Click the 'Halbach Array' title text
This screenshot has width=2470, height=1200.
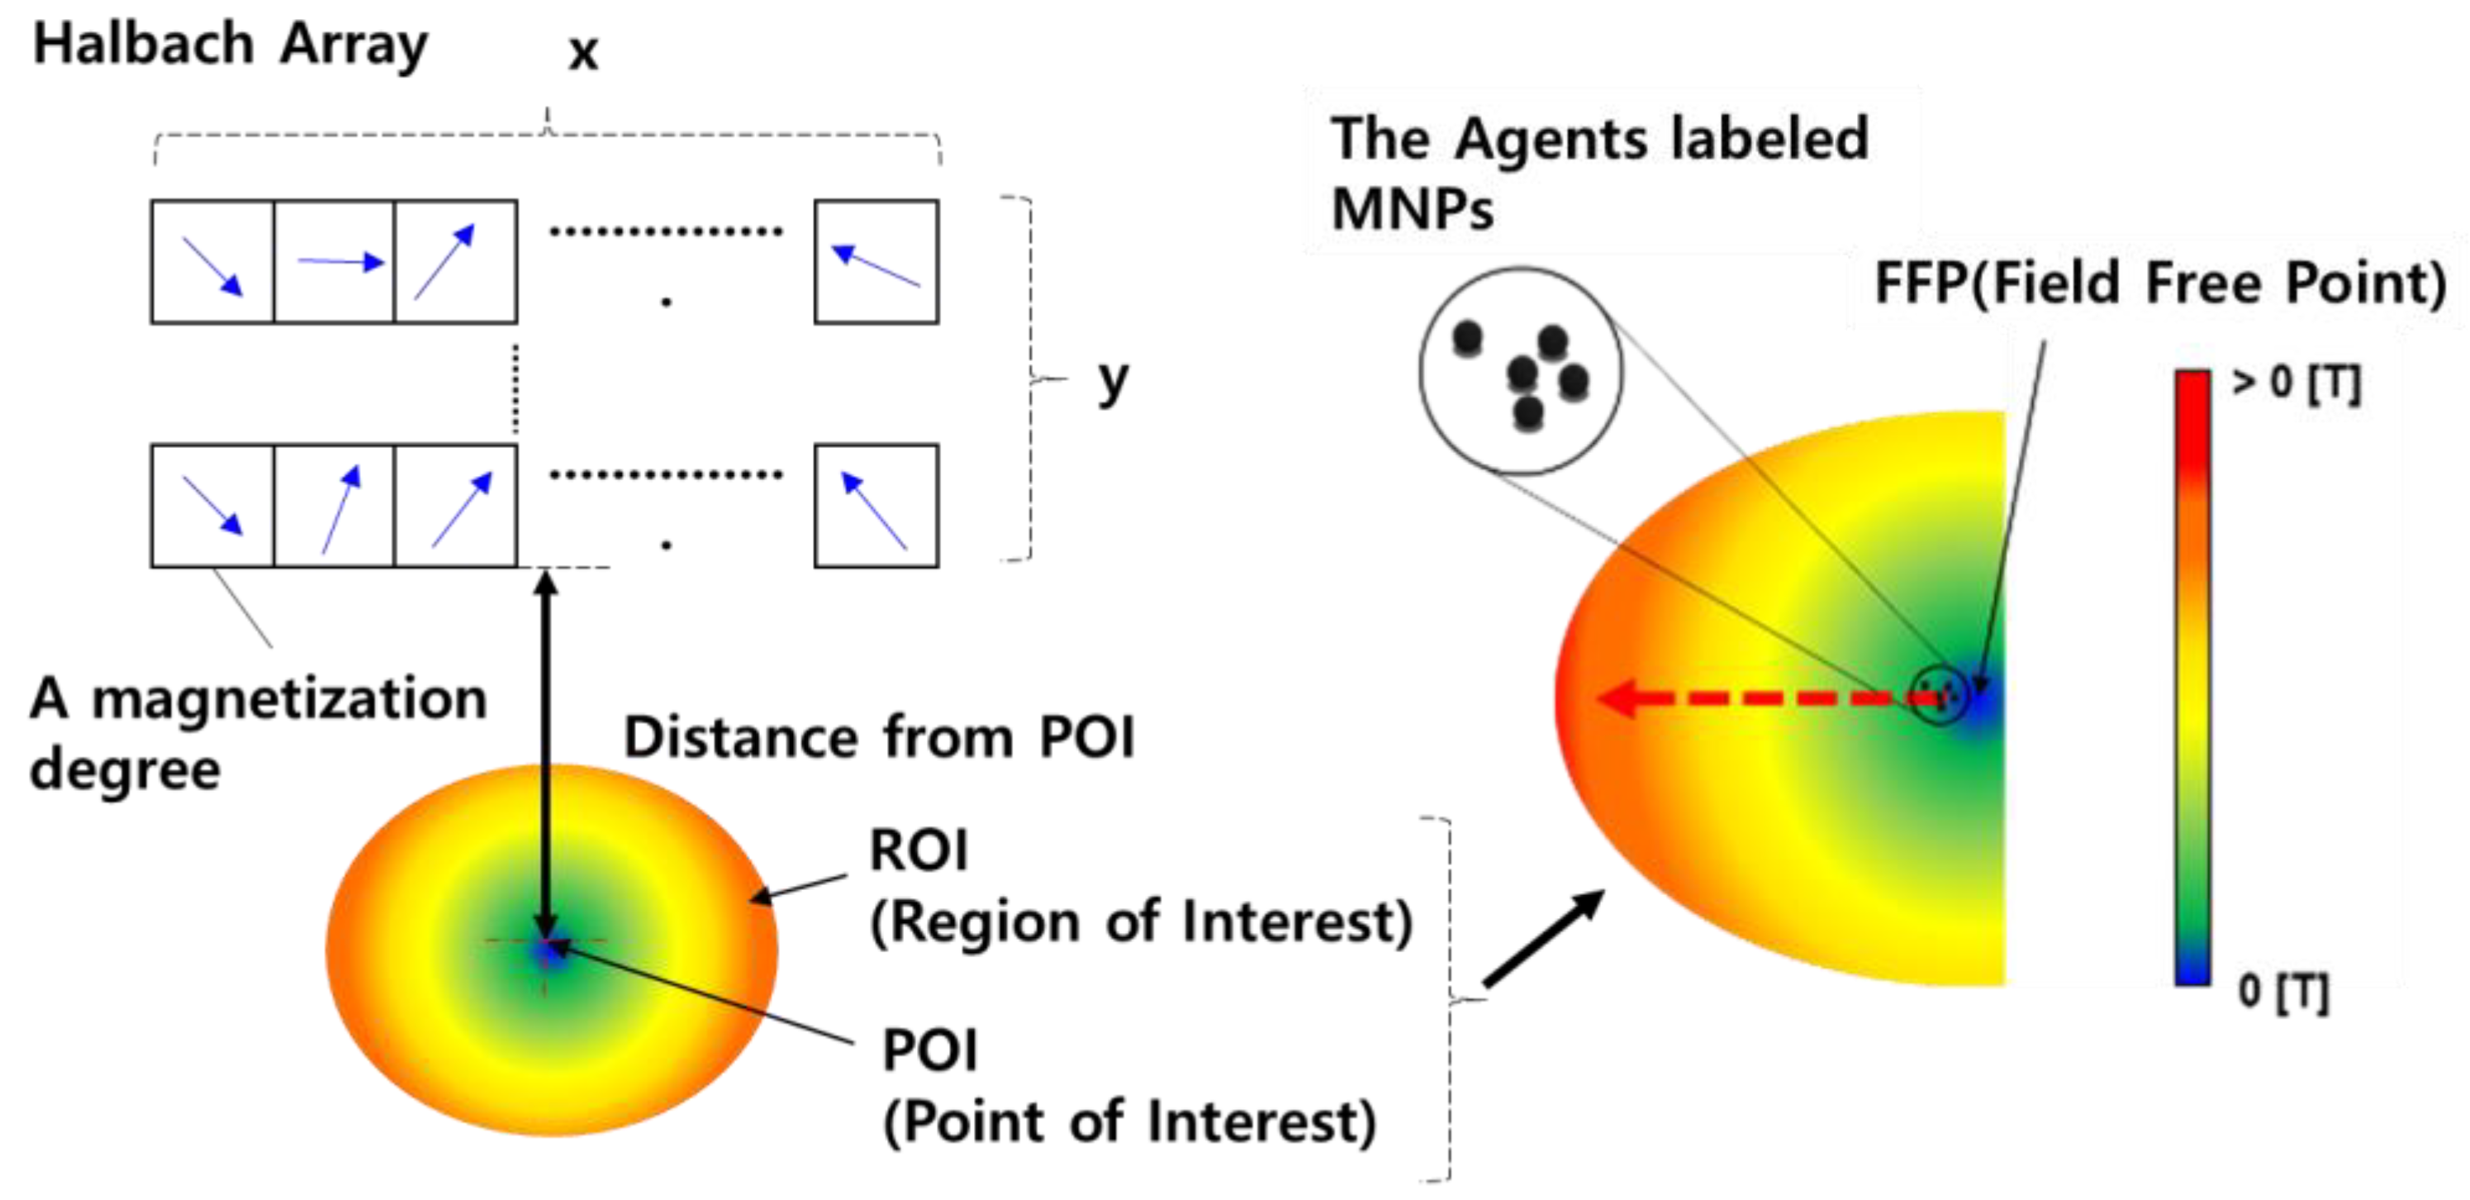click(x=230, y=45)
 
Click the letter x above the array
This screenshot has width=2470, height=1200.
click(x=583, y=53)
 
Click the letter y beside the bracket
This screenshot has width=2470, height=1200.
click(x=1112, y=381)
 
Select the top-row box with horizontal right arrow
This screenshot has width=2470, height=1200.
click(x=335, y=261)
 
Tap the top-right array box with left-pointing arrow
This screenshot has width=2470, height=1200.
click(x=876, y=261)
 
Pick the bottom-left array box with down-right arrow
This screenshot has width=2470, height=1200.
click(x=212, y=506)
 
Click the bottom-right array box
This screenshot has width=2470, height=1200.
click(x=876, y=506)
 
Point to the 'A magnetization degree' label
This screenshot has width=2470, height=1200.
click(x=257, y=733)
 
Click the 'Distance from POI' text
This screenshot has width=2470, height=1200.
click(x=878, y=738)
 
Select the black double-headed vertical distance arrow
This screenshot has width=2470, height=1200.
click(x=545, y=748)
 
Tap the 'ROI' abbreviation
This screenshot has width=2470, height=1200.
click(x=918, y=851)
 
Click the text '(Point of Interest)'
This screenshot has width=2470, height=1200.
click(x=1128, y=1121)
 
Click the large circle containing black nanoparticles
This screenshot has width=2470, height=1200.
click(x=1521, y=371)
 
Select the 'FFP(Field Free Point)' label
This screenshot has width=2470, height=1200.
click(x=2159, y=284)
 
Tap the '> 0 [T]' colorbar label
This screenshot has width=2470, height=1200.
click(x=2296, y=383)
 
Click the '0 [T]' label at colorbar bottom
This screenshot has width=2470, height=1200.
click(x=2282, y=991)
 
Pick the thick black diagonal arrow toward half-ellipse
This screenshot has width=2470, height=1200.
click(x=1541, y=938)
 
